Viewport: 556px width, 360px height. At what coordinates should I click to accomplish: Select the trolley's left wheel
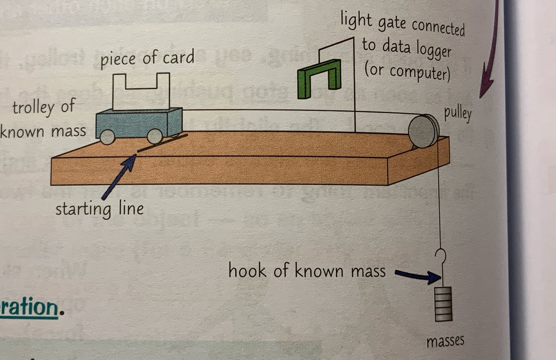click(x=108, y=137)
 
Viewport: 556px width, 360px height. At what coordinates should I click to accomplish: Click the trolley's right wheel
click(x=155, y=136)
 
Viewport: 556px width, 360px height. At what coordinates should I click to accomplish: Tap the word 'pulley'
click(x=458, y=114)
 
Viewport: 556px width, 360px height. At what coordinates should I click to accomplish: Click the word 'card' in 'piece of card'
click(x=179, y=58)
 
